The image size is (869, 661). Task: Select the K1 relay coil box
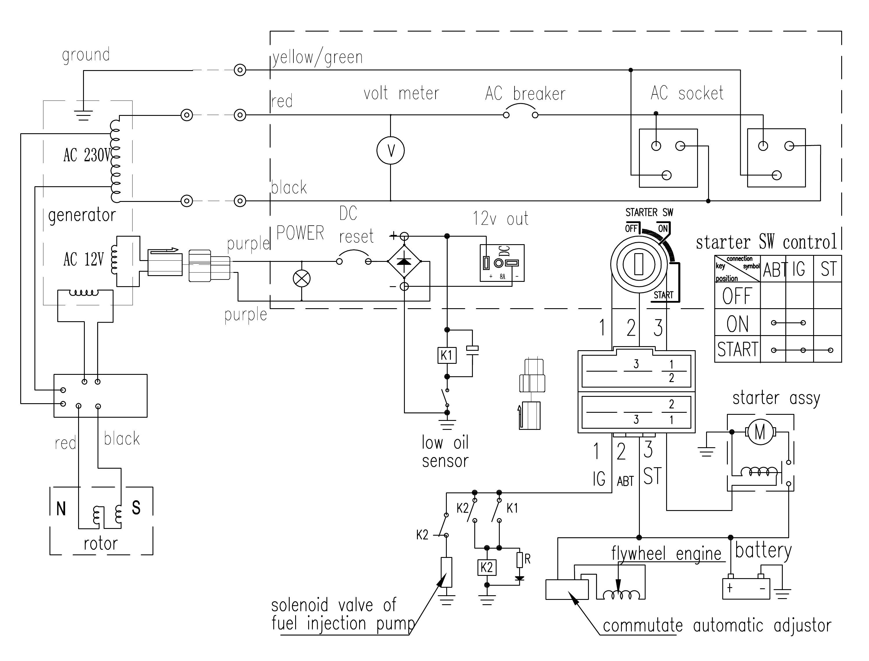[x=447, y=355]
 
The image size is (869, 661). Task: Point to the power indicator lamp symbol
[x=302, y=279]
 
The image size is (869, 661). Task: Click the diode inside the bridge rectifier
[x=404, y=261]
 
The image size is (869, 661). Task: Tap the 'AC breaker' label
[x=526, y=94]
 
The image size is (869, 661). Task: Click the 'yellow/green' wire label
[x=317, y=57]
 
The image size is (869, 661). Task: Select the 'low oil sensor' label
[x=445, y=452]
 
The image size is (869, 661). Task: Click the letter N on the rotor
[x=61, y=509]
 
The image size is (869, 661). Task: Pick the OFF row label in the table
[x=737, y=296]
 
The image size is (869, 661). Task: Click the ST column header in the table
[x=828, y=269]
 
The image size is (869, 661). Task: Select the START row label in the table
[x=737, y=349]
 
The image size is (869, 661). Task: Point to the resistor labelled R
[x=520, y=560]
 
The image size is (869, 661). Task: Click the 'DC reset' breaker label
[x=356, y=225]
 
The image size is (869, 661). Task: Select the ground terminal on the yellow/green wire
[x=240, y=70]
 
